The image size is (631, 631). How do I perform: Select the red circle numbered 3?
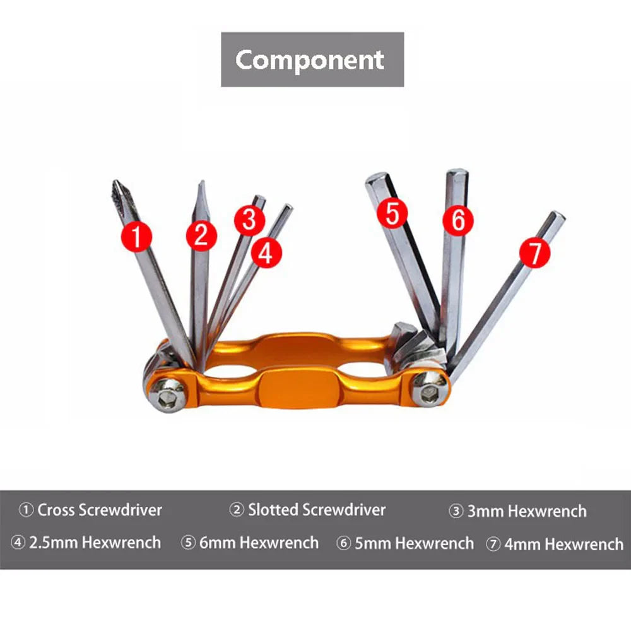click(x=249, y=220)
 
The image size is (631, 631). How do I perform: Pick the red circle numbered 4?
click(x=266, y=253)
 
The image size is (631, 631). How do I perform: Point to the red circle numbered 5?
click(x=392, y=213)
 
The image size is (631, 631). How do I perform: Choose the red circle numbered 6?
click(x=457, y=220)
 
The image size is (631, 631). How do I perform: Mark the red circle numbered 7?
click(x=534, y=252)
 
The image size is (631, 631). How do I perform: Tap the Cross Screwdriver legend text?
click(x=91, y=510)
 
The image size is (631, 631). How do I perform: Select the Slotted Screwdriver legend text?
click(x=307, y=509)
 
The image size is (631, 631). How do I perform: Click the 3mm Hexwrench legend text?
click(x=518, y=511)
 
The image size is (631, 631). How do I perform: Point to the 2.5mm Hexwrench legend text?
click(x=86, y=542)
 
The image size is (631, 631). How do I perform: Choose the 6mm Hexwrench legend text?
click(x=250, y=543)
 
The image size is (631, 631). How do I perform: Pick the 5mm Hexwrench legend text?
click(x=405, y=543)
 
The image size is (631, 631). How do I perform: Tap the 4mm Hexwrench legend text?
click(x=555, y=543)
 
